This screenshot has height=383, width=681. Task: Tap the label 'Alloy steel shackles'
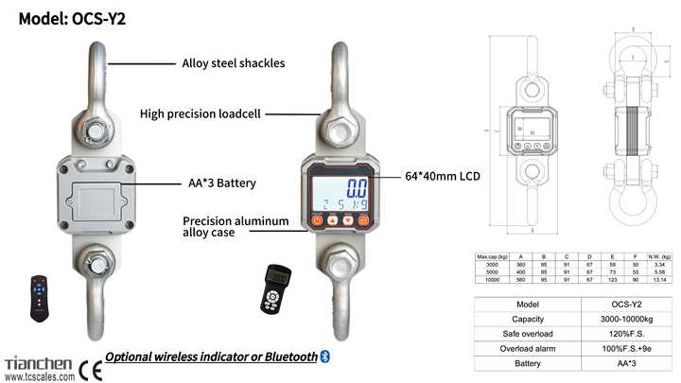click(233, 64)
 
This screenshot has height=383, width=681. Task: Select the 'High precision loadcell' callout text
click(200, 113)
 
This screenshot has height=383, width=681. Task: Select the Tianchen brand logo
click(38, 363)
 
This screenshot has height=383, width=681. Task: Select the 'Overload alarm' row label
click(527, 348)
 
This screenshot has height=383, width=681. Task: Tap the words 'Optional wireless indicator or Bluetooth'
click(210, 357)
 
